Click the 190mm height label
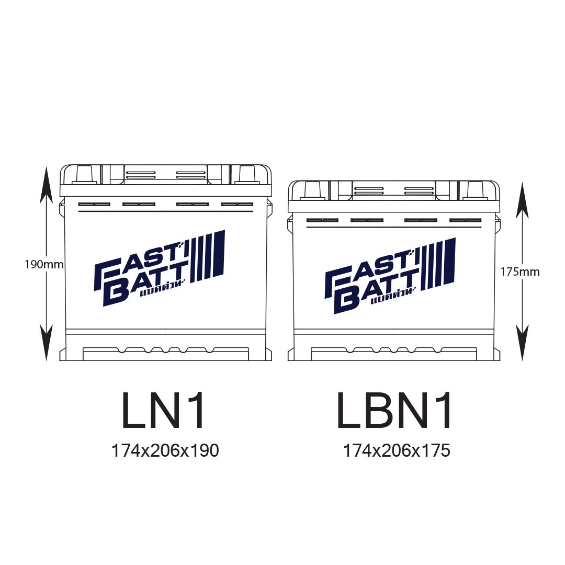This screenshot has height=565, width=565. [44, 265]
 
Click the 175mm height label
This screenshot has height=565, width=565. [519, 272]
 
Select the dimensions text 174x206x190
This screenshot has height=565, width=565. [165, 450]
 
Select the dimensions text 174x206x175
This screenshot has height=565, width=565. [397, 450]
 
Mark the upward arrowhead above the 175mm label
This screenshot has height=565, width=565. [522, 201]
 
